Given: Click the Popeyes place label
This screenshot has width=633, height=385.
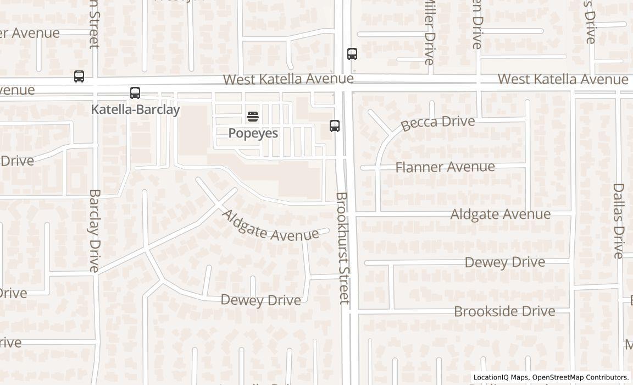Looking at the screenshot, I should pyautogui.click(x=253, y=133).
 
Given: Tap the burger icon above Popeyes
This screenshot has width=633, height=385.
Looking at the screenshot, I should pyautogui.click(x=253, y=116).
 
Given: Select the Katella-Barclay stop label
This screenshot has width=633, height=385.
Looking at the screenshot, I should pyautogui.click(x=135, y=109).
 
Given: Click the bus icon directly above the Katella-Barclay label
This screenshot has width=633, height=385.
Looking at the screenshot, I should pyautogui.click(x=135, y=93).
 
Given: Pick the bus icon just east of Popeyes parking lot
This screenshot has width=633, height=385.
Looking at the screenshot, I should pyautogui.click(x=335, y=125).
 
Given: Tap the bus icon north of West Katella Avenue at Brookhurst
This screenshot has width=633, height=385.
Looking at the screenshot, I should pyautogui.click(x=352, y=54).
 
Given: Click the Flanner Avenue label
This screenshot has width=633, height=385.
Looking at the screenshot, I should pyautogui.click(x=445, y=167).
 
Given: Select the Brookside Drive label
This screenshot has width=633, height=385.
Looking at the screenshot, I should pyautogui.click(x=504, y=311).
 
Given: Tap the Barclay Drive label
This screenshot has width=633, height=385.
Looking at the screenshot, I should pyautogui.click(x=95, y=231).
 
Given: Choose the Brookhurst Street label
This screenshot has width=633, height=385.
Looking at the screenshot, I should pyautogui.click(x=343, y=248).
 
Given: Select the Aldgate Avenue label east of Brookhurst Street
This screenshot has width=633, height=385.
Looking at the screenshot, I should pyautogui.click(x=500, y=214).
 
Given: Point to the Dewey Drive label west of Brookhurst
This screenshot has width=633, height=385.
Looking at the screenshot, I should pyautogui.click(x=260, y=300).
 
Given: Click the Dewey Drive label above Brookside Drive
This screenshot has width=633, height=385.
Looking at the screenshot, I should pyautogui.click(x=504, y=262).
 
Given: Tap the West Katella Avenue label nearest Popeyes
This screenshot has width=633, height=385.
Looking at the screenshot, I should pyautogui.click(x=288, y=79).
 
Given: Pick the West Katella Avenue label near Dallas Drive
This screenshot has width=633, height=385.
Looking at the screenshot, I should pyautogui.click(x=563, y=79).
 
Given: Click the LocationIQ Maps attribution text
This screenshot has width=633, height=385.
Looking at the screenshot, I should pyautogui.click(x=500, y=377).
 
